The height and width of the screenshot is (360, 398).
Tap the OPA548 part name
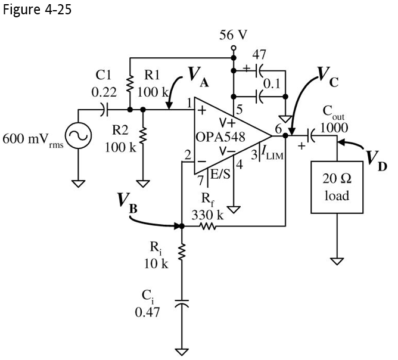tap(219, 137)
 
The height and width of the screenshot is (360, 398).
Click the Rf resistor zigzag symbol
tap(207, 226)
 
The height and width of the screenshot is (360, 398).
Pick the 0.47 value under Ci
tap(147, 313)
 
